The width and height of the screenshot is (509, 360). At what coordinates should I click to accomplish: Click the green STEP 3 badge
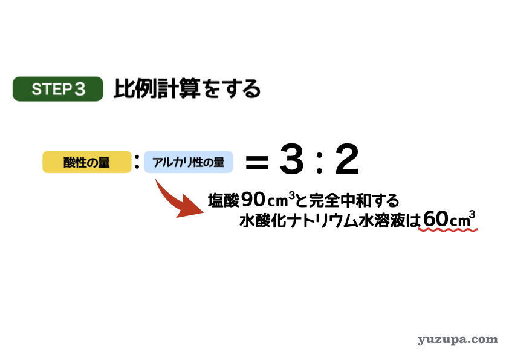point(58,89)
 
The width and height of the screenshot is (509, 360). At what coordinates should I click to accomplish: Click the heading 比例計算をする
point(187,89)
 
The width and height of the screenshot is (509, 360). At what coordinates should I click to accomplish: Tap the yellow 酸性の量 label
point(86,162)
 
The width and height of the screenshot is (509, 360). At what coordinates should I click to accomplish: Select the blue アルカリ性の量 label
point(188,162)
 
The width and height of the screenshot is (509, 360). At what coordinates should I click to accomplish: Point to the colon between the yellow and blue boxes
point(137,162)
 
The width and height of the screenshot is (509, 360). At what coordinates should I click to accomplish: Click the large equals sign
point(257,163)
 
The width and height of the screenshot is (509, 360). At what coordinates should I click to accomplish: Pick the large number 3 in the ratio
point(291,159)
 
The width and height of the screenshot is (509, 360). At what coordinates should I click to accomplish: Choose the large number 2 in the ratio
point(347,159)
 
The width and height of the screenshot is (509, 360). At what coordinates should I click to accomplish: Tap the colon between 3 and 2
point(320,162)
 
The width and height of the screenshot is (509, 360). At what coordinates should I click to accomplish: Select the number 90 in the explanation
point(253,200)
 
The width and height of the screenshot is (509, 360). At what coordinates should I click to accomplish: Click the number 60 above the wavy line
point(436,218)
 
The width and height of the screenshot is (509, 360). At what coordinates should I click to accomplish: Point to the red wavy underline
point(448,230)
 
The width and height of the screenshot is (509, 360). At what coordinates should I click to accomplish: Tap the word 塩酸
point(223,200)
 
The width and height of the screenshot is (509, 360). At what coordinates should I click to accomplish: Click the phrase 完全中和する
point(354,200)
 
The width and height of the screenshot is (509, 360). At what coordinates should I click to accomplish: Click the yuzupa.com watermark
point(458,340)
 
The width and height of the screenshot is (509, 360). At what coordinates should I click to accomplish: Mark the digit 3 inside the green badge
point(80,89)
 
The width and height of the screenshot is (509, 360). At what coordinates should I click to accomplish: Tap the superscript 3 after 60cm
point(472,214)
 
